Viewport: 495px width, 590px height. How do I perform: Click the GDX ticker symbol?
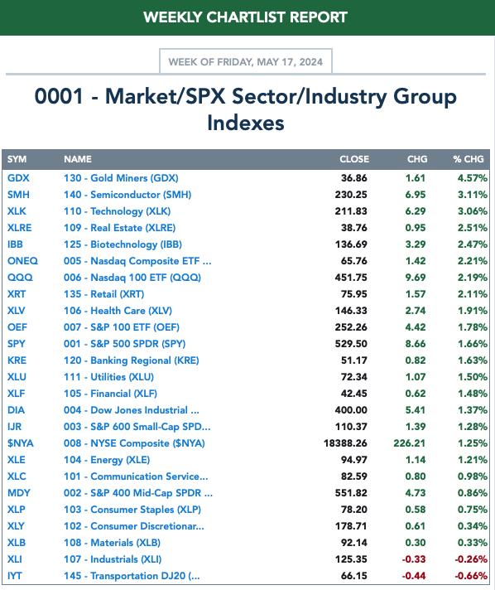click(18, 178)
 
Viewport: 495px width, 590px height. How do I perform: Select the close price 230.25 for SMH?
click(351, 195)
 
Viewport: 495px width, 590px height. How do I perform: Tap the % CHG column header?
click(469, 159)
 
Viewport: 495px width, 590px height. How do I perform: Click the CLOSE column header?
click(354, 159)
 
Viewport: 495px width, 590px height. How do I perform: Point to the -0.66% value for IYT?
click(471, 576)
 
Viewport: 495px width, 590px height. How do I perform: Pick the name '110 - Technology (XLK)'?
click(117, 211)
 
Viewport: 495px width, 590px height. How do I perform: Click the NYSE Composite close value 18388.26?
click(345, 443)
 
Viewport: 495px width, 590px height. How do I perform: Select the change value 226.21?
click(409, 443)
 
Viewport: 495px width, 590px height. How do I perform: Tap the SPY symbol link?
click(17, 344)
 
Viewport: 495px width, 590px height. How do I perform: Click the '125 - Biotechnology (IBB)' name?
click(123, 244)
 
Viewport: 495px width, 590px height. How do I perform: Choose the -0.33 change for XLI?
click(414, 559)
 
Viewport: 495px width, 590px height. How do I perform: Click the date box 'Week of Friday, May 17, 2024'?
click(246, 61)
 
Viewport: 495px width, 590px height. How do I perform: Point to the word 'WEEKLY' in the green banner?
click(172, 17)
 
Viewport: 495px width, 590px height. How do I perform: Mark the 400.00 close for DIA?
click(351, 410)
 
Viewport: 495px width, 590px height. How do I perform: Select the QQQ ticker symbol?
click(20, 278)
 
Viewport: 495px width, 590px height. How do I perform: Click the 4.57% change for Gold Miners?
click(473, 178)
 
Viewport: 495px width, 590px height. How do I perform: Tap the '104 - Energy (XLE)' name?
click(107, 460)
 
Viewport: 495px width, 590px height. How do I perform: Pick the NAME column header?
click(78, 159)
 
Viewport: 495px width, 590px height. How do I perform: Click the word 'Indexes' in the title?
click(246, 123)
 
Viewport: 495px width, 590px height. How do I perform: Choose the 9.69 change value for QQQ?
click(416, 278)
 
